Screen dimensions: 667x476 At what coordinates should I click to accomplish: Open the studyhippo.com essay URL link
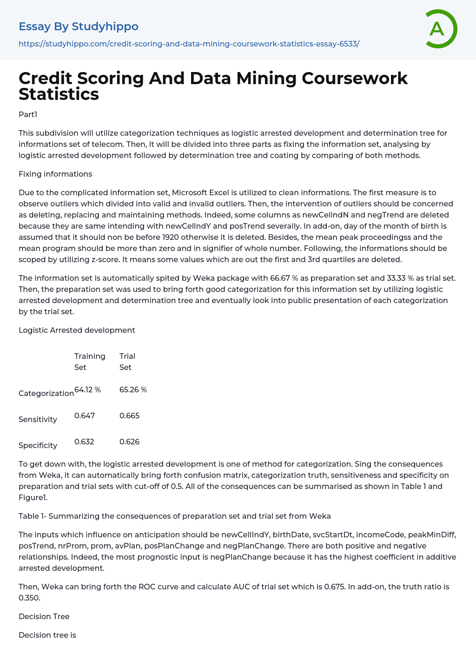tap(189, 44)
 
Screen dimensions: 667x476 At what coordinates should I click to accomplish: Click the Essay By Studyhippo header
tap(79, 26)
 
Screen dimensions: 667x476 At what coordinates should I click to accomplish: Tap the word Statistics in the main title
tap(59, 94)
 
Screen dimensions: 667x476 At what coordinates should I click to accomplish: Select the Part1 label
tap(28, 114)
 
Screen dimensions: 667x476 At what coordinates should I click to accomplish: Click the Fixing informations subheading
tap(55, 174)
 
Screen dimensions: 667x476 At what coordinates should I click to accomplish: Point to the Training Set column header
tap(90, 362)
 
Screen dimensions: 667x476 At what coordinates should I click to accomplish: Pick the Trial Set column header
tap(127, 362)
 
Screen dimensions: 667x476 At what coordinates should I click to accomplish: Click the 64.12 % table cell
tap(87, 390)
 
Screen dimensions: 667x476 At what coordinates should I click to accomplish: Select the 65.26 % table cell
tap(133, 390)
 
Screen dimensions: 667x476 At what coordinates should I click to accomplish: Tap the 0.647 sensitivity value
tap(85, 416)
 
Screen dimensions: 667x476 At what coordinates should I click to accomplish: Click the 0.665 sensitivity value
tap(129, 416)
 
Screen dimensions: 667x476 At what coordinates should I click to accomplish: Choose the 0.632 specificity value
tap(84, 442)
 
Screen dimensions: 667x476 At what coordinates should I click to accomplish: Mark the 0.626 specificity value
tap(129, 442)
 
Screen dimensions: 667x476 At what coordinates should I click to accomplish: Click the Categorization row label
tap(46, 393)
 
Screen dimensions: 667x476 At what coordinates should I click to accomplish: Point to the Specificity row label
tap(38, 445)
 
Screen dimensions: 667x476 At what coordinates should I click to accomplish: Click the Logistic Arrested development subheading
tap(77, 330)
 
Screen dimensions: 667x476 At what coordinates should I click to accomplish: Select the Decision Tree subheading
tap(44, 616)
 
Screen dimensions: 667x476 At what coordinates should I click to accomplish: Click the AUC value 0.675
tap(335, 587)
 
